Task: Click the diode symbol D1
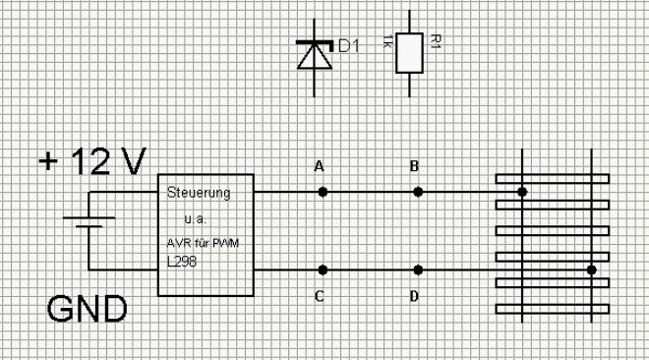point(315,56)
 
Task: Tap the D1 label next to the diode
point(349,46)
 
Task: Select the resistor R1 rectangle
point(409,53)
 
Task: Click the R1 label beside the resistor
point(435,41)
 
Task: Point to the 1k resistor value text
point(386,41)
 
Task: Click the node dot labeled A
point(323,192)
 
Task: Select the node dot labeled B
point(418,192)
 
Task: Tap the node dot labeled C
point(323,270)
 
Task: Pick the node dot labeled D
point(418,270)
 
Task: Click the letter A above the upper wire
point(319,166)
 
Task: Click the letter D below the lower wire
point(414,296)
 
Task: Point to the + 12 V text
point(92,161)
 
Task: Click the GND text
point(87,309)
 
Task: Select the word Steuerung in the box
point(199,193)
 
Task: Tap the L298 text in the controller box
point(182,262)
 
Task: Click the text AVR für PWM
point(203,243)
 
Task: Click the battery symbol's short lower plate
point(88,226)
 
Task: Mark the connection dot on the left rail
point(522,192)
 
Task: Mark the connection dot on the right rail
point(591,270)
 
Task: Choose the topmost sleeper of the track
point(553,179)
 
